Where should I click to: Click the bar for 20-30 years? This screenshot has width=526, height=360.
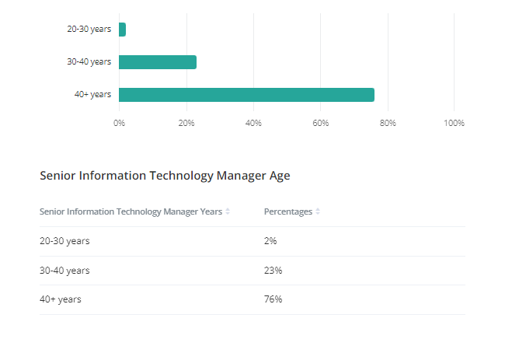click(x=122, y=30)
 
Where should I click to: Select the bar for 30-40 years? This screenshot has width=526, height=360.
click(x=158, y=62)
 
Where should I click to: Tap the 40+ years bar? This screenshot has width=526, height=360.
click(x=246, y=95)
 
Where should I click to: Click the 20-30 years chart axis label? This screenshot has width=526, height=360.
click(x=89, y=30)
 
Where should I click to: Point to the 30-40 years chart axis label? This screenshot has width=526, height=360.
click(x=89, y=62)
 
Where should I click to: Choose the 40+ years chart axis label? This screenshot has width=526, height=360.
click(x=92, y=95)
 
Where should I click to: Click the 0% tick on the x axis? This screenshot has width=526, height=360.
click(x=119, y=123)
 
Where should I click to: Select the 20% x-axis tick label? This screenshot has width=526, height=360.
click(x=186, y=123)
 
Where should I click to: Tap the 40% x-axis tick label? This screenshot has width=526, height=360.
click(x=253, y=123)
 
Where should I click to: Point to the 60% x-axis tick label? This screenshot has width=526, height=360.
click(x=320, y=123)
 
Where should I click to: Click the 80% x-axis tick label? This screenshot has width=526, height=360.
click(x=388, y=123)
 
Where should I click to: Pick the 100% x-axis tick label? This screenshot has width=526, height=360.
click(x=454, y=123)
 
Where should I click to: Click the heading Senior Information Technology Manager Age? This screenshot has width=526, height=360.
click(x=165, y=176)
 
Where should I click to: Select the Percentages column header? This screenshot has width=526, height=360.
click(x=287, y=211)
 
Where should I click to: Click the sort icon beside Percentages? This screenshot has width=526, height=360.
click(x=318, y=211)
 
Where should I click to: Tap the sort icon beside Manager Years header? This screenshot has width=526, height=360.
click(x=228, y=211)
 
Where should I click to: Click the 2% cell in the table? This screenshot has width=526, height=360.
click(x=270, y=241)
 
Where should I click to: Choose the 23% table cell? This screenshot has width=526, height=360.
click(x=273, y=271)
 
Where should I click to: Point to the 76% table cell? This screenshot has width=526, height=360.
click(x=273, y=299)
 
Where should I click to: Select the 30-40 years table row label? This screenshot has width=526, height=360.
click(x=64, y=271)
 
